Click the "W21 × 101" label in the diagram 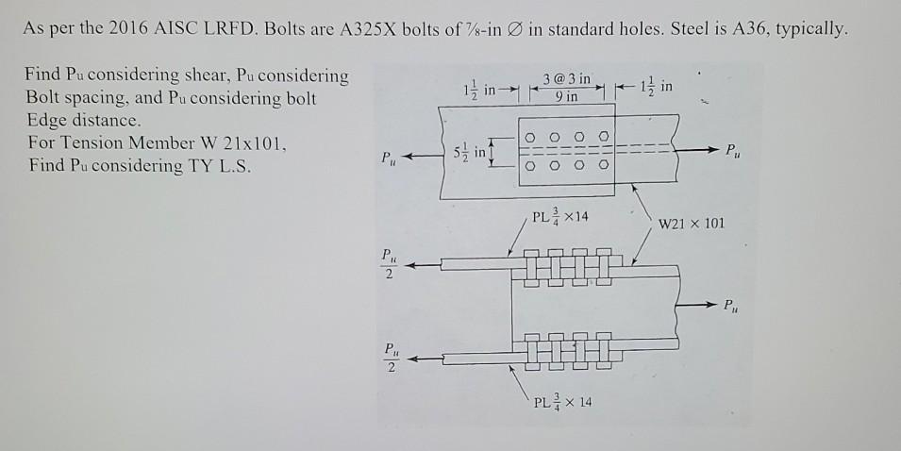pyautogui.click(x=691, y=224)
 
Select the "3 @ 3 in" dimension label pyautogui.click(x=567, y=78)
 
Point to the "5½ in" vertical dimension pyautogui.click(x=473, y=151)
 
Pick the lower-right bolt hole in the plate pyautogui.click(x=603, y=167)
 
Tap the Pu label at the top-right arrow pyautogui.click(x=731, y=151)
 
